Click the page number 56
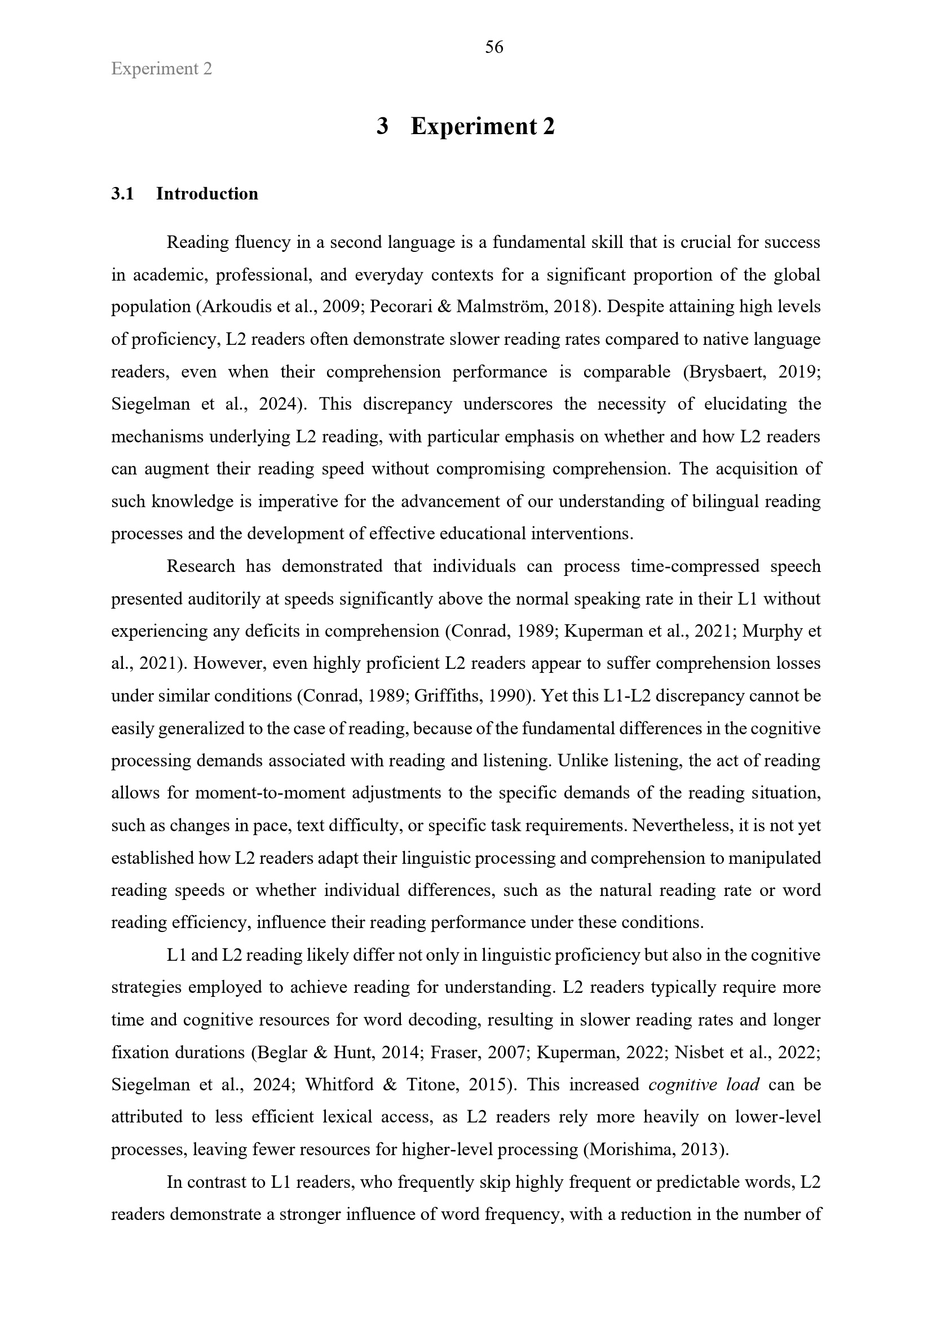click(494, 47)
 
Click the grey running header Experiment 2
click(161, 69)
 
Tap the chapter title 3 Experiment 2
click(465, 126)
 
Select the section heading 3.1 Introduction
click(184, 194)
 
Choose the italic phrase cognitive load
click(704, 1085)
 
